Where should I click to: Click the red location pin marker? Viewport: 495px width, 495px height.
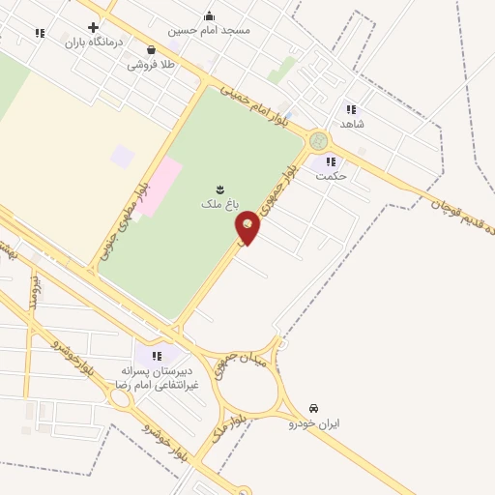click(248, 227)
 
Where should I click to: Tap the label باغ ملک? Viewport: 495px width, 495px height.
click(218, 204)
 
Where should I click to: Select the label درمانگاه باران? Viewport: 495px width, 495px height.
click(84, 43)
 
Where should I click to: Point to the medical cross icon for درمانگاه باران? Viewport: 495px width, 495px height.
click(93, 27)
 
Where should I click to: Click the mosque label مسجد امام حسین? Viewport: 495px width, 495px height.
click(209, 30)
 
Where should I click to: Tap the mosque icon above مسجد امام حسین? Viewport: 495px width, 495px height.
click(209, 15)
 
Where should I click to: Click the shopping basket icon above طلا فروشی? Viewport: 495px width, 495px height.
click(151, 50)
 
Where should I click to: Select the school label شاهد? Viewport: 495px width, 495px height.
click(350, 125)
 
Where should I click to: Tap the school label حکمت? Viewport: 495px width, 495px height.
click(331, 176)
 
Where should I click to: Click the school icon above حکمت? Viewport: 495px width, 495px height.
click(331, 161)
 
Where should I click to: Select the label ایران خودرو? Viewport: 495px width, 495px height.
click(314, 423)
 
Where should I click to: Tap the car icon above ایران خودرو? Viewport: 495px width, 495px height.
click(314, 408)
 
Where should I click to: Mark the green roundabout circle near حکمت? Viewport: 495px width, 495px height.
click(317, 141)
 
